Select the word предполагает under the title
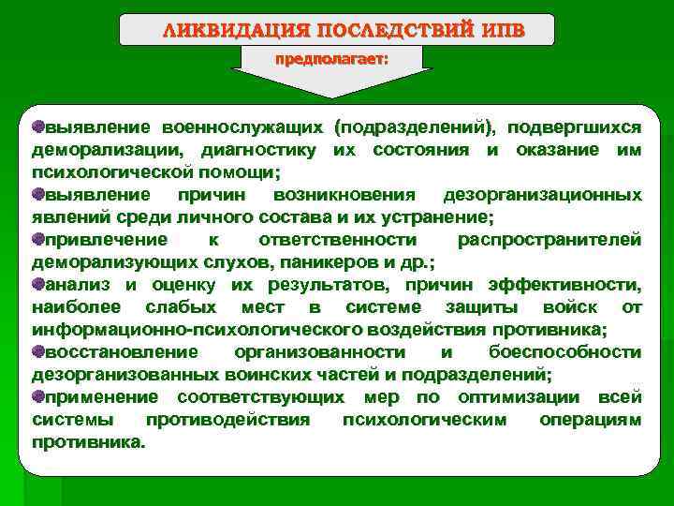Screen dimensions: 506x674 tap(331, 59)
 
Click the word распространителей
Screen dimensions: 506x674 tap(549, 240)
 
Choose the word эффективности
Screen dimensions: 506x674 tap(576, 285)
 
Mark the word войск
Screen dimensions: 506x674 tap(571, 307)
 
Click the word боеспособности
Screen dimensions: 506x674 tap(565, 352)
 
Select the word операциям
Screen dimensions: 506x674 tap(590, 420)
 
